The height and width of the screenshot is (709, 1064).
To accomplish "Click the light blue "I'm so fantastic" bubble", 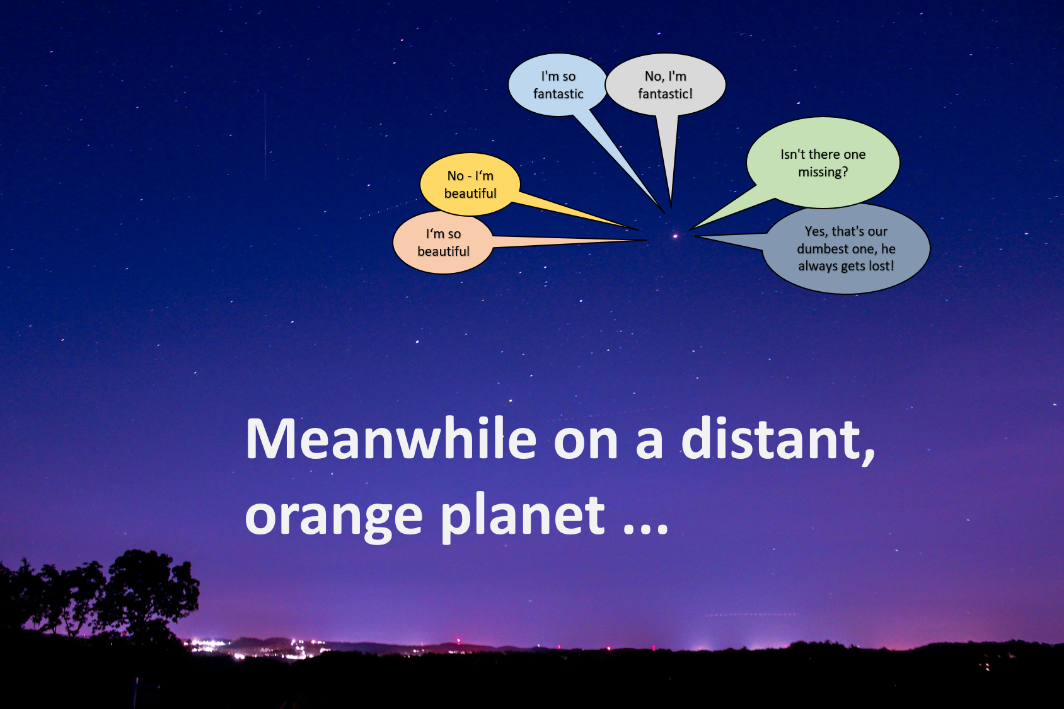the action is click(558, 85).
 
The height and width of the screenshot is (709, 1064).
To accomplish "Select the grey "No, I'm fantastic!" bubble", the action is click(665, 85).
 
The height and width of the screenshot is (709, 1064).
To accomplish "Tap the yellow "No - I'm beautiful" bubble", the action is click(470, 184).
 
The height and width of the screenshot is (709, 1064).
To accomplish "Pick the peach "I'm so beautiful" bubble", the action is click(443, 242).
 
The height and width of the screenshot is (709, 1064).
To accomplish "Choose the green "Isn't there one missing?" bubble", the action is click(823, 163).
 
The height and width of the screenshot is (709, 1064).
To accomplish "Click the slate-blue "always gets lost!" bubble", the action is click(846, 248).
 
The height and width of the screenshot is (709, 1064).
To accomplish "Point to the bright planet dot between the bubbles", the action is click(675, 236).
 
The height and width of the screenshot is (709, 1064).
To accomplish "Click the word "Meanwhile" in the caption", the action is click(391, 439).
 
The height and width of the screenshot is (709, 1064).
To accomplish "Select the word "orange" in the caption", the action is click(333, 518).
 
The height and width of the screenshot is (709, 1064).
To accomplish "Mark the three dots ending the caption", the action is click(645, 529).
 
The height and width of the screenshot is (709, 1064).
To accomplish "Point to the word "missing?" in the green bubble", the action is click(823, 172).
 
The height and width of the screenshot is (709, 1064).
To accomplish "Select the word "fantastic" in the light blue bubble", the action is click(558, 94).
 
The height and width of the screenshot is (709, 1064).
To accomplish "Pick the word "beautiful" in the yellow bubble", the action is click(470, 193).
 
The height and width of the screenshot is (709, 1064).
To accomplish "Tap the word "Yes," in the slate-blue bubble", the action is click(816, 232).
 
